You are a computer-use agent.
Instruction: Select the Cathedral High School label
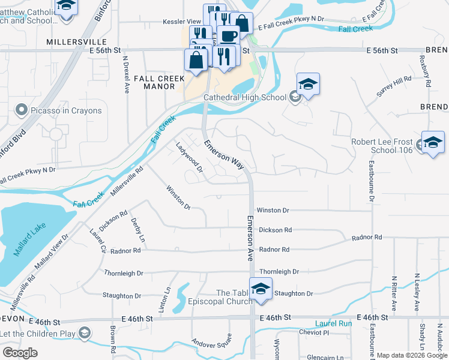(245, 97)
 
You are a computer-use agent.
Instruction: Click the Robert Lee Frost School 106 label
(382, 146)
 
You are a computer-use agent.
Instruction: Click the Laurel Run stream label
(337, 323)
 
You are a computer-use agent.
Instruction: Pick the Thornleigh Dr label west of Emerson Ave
(124, 273)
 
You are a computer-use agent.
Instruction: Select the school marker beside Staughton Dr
(261, 289)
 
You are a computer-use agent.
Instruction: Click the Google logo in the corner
(20, 352)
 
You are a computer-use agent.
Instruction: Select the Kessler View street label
(182, 22)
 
